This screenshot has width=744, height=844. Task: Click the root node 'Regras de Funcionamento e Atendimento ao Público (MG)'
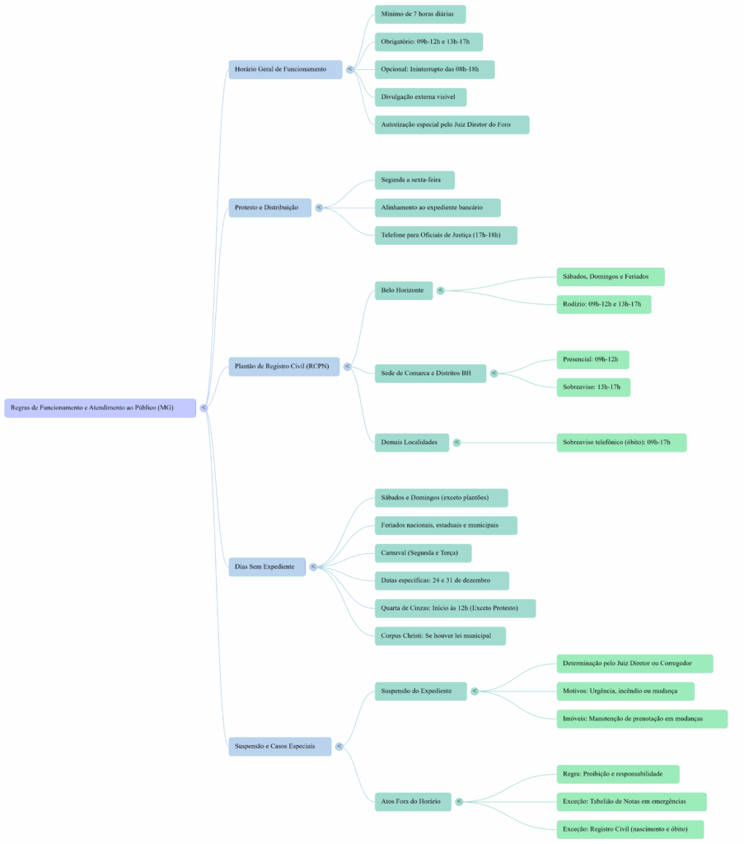[x=100, y=407]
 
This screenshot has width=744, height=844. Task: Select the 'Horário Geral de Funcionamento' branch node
[x=281, y=69]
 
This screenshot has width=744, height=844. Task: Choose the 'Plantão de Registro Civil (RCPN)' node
[x=281, y=366]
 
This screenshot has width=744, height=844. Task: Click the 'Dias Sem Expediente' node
[x=264, y=566]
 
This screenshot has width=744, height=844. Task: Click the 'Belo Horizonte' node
[x=402, y=290]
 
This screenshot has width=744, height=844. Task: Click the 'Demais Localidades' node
[x=409, y=443]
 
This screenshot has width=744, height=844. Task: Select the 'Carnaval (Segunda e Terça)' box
[x=419, y=552]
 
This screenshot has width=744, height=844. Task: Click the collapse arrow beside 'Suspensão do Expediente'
[x=475, y=691]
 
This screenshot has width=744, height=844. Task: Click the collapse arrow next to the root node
[x=204, y=407]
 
